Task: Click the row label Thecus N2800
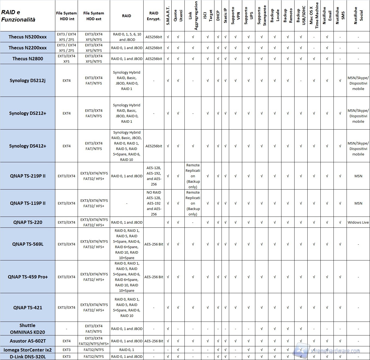(x=28, y=59)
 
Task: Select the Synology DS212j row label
(x=28, y=80)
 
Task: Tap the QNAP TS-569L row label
(x=28, y=244)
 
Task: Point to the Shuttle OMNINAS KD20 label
(x=28, y=329)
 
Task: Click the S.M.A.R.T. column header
(x=168, y=15)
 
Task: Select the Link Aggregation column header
(x=193, y=15)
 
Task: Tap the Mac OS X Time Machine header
(x=314, y=15)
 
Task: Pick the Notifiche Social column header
(x=358, y=15)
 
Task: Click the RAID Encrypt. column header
(x=154, y=16)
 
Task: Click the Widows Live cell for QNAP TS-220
(x=358, y=222)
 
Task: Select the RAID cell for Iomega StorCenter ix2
(x=127, y=350)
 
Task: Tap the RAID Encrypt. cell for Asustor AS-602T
(x=154, y=341)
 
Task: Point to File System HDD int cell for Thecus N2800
(x=66, y=59)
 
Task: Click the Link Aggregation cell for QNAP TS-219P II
(x=193, y=176)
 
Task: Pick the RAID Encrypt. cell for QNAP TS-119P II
(x=154, y=203)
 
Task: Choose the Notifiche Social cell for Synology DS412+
(x=358, y=149)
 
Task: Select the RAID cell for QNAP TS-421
(x=127, y=307)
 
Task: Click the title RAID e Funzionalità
(x=18, y=16)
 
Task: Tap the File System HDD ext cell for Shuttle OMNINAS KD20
(x=94, y=329)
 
